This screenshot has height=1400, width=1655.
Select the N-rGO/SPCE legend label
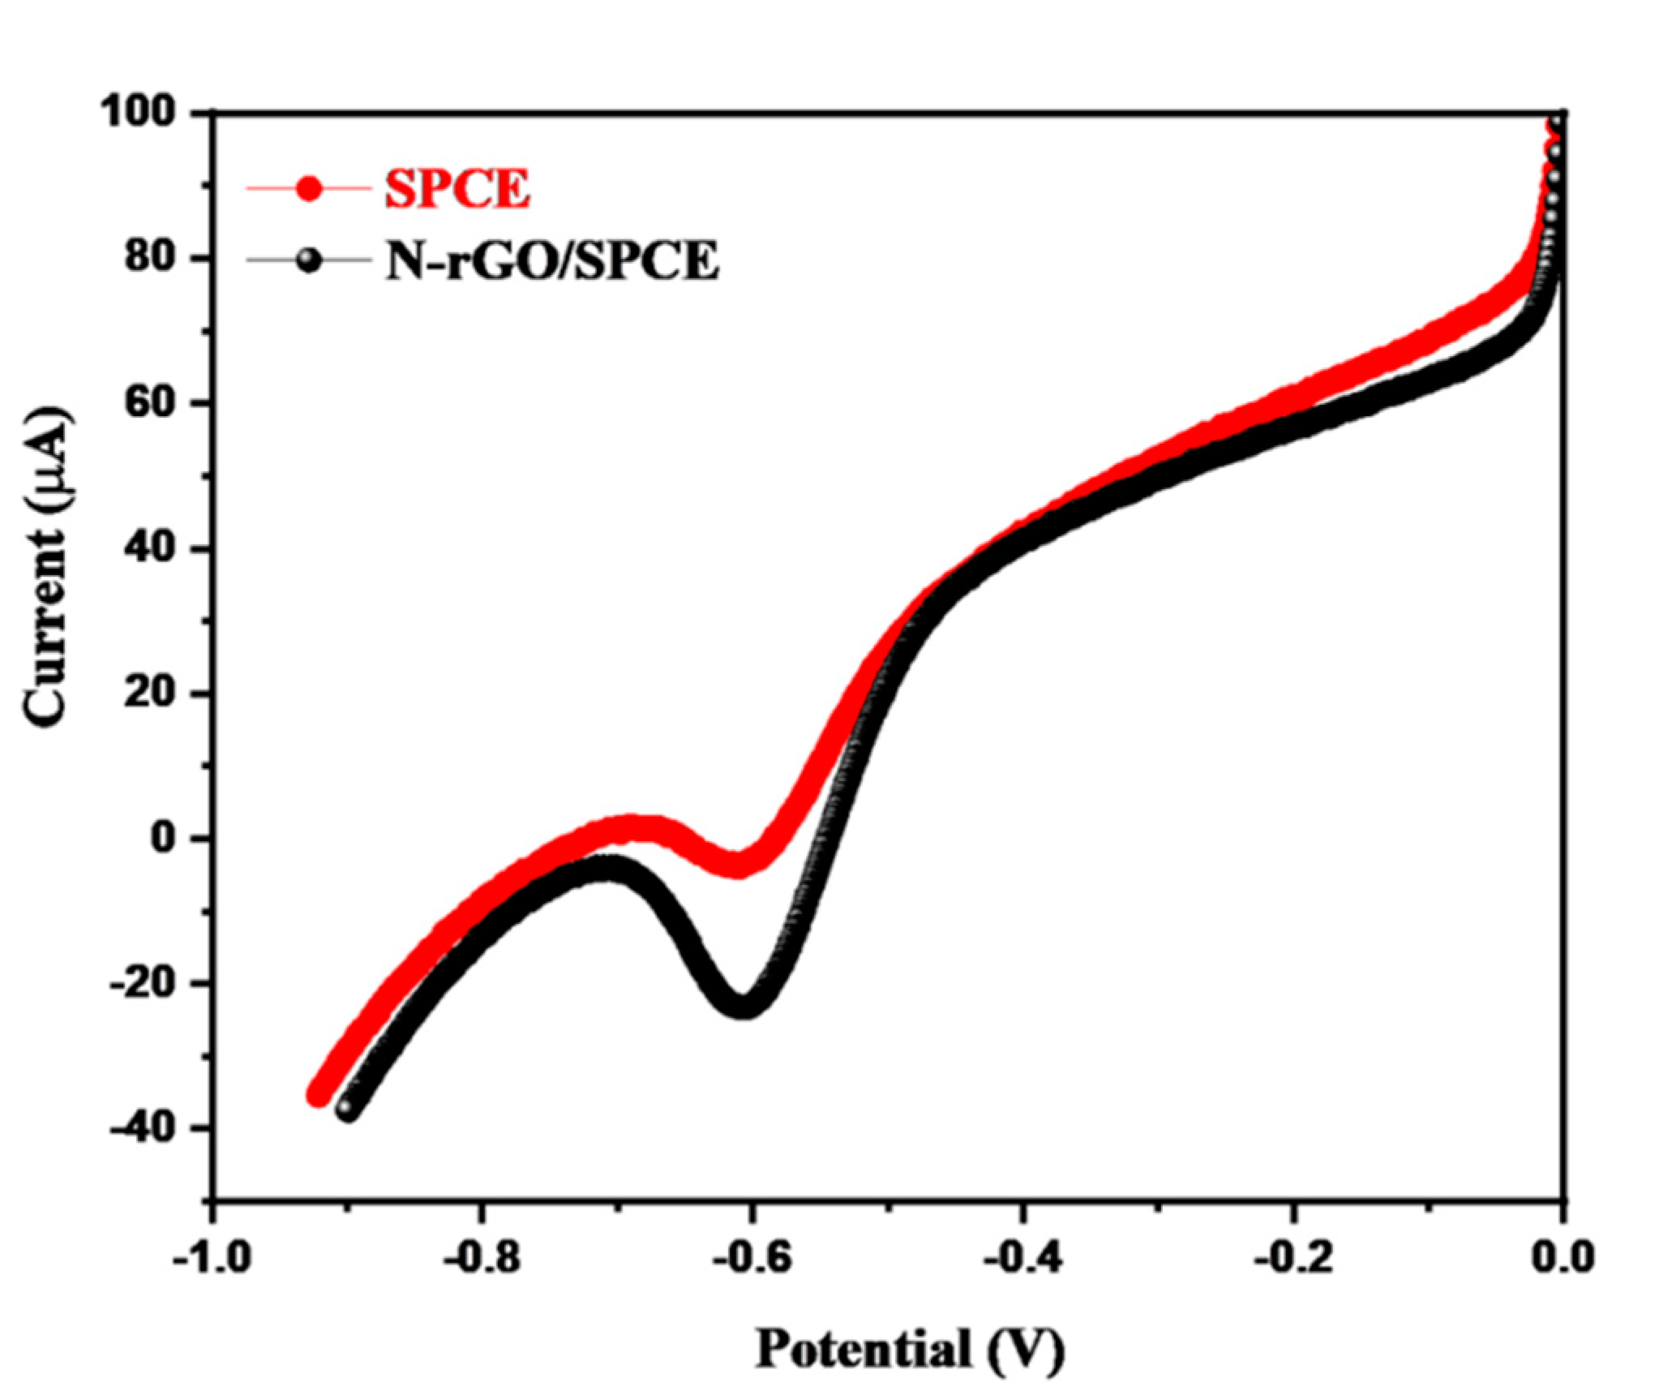552,261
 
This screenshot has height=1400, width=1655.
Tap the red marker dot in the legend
309,191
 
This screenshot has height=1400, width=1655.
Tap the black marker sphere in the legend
309,261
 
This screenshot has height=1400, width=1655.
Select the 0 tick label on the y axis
164,837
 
